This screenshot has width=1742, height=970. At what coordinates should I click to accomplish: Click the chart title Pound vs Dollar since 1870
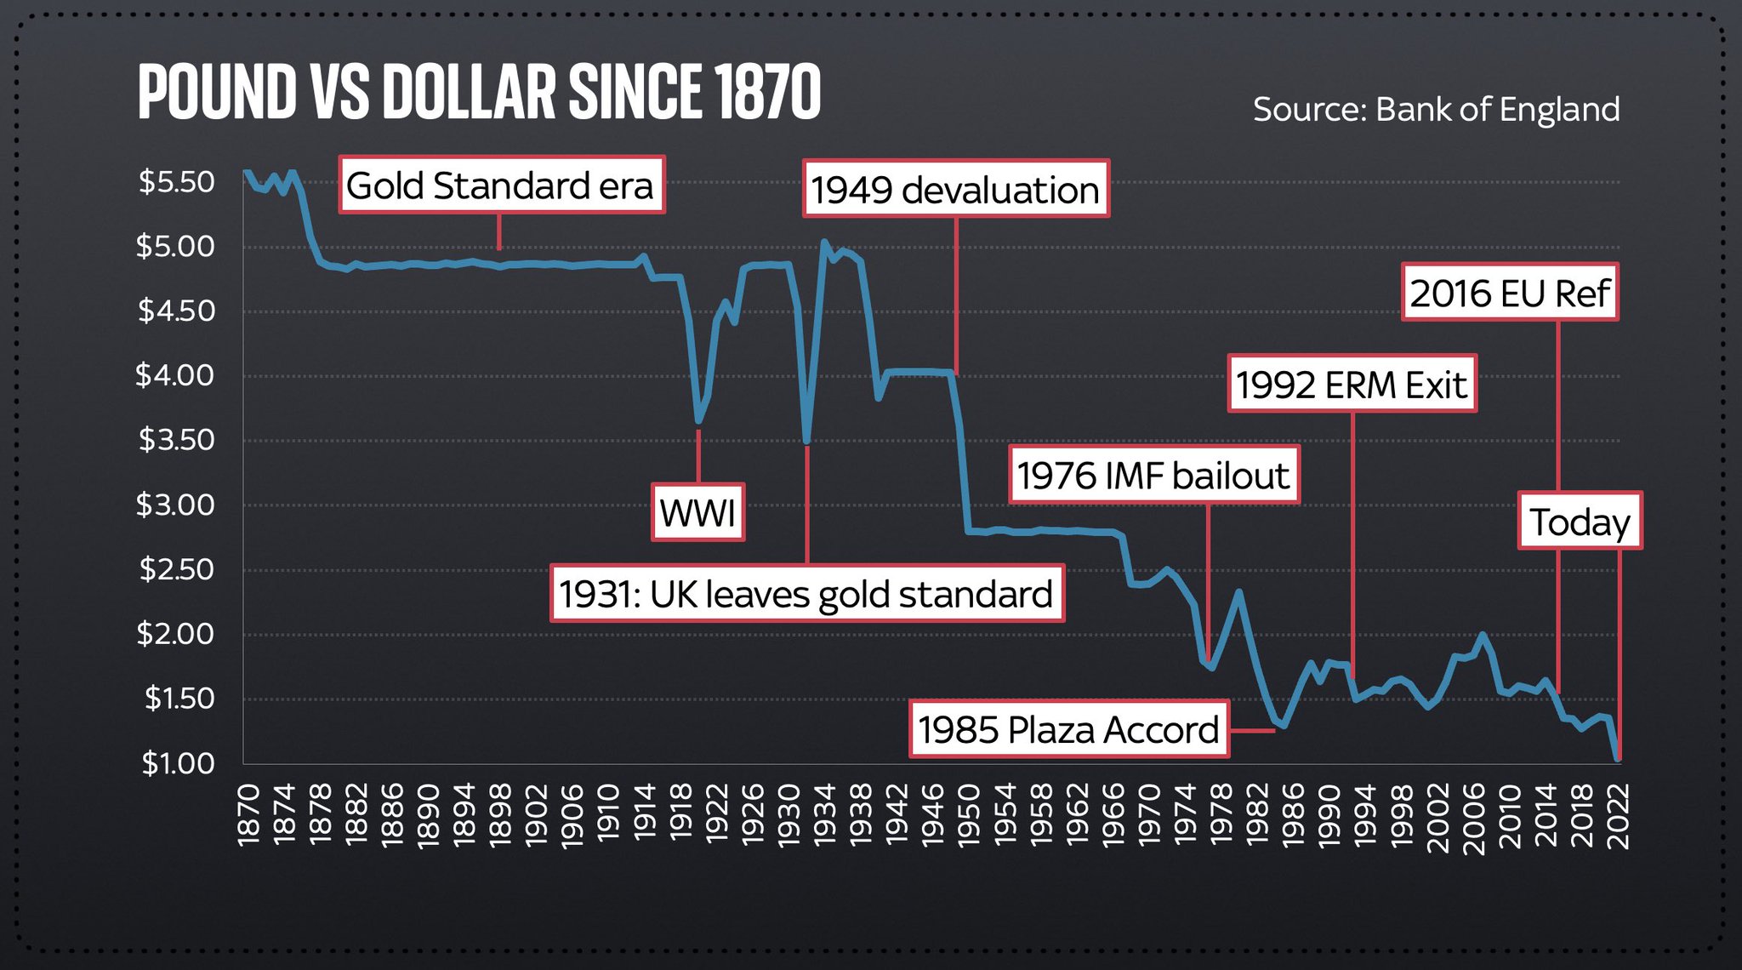pyautogui.click(x=479, y=92)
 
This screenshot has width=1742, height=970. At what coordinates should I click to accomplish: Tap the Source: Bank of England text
pyautogui.click(x=1436, y=110)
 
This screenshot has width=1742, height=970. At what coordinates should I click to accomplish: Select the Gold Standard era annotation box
pyautogui.click(x=501, y=185)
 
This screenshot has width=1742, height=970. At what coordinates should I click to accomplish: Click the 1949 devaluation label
pyautogui.click(x=955, y=190)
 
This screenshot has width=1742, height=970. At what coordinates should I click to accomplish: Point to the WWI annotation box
pyautogui.click(x=697, y=513)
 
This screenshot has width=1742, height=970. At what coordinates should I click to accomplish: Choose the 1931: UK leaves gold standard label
pyautogui.click(x=806, y=594)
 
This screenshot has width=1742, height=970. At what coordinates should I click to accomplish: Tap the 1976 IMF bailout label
pyautogui.click(x=1153, y=476)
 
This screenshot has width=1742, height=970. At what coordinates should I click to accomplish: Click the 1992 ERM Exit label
pyautogui.click(x=1351, y=385)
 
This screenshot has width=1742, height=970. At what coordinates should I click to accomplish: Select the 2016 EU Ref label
pyautogui.click(x=1510, y=294)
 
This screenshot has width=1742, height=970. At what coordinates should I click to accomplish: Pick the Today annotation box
pyautogui.click(x=1580, y=522)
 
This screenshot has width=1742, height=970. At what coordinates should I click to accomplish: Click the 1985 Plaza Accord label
pyautogui.click(x=1068, y=730)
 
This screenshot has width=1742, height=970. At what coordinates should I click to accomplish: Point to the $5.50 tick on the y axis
pyautogui.click(x=177, y=181)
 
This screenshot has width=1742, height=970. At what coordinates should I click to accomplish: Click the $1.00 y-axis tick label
pyautogui.click(x=178, y=763)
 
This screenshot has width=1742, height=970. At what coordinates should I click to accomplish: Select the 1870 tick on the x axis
pyautogui.click(x=248, y=815)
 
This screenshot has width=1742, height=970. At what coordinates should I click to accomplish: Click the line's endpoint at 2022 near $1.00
pyautogui.click(x=1617, y=757)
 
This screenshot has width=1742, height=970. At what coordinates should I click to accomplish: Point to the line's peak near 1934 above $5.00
pyautogui.click(x=823, y=242)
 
